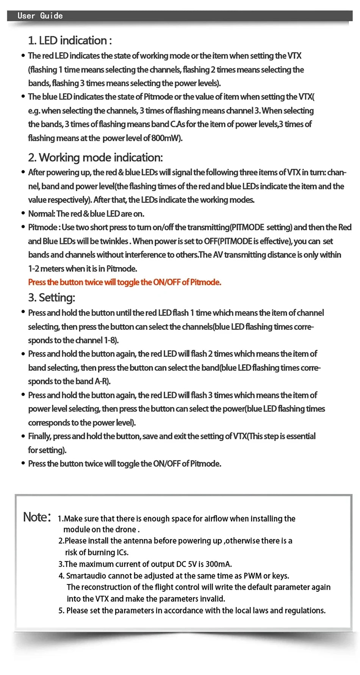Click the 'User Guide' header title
[x=40, y=16]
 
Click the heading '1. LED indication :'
[x=70, y=41]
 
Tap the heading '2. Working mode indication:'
[x=95, y=158]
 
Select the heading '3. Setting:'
[x=52, y=298]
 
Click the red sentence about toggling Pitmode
[x=124, y=282]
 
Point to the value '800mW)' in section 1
[x=167, y=138]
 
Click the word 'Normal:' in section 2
[x=41, y=214]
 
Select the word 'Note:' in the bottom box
[x=37, y=517]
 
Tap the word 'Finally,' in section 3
[x=39, y=436]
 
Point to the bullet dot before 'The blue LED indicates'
[x=23, y=97]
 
